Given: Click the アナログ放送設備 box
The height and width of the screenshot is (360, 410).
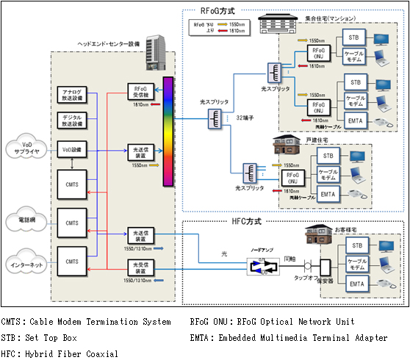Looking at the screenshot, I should coord(72,94).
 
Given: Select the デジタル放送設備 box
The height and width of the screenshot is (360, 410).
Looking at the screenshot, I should coord(72,120).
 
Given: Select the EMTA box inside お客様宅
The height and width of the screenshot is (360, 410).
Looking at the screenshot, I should coord(356,284).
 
